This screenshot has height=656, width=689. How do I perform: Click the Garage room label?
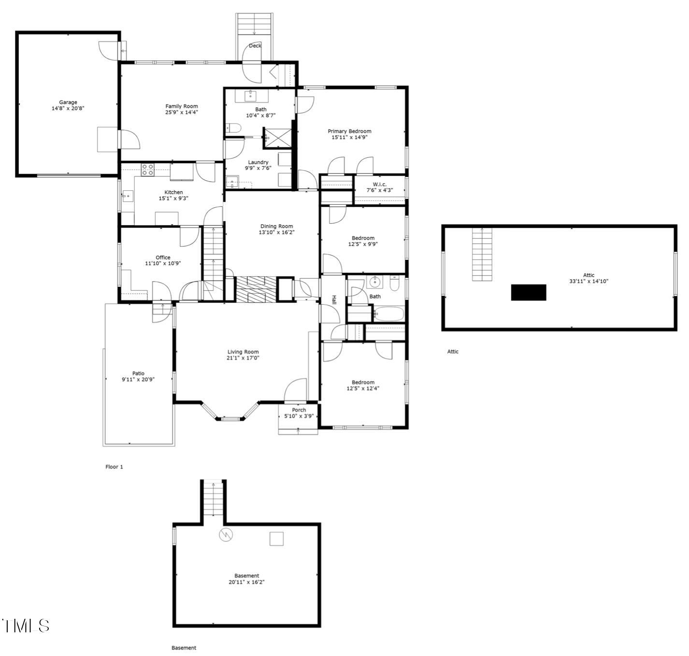(x=68, y=102)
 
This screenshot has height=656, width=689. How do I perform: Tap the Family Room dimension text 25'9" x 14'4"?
(x=182, y=112)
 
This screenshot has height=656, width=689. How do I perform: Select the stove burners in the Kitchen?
(x=148, y=170)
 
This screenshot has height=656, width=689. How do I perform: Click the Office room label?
(x=163, y=257)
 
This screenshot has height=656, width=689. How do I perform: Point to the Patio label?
(x=138, y=373)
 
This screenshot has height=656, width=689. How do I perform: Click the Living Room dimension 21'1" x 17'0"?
(x=243, y=358)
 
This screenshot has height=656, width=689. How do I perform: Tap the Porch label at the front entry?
(x=299, y=410)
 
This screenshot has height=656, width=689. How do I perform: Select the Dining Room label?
(x=276, y=226)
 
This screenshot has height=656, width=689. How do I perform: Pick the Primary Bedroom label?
(x=349, y=131)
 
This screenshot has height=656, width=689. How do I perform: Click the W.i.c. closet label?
(x=379, y=184)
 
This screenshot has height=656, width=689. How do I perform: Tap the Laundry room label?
(x=258, y=162)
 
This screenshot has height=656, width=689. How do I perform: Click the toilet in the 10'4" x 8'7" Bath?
(x=233, y=128)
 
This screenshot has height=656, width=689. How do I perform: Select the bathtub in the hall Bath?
(x=389, y=314)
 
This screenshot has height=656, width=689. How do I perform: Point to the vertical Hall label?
(x=333, y=299)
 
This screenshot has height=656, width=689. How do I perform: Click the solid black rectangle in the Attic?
(x=529, y=292)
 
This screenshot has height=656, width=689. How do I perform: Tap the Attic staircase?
(x=482, y=254)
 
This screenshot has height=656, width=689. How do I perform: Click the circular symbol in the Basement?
(x=226, y=535)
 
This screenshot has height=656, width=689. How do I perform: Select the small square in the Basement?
(x=276, y=539)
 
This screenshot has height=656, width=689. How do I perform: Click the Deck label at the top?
(x=255, y=46)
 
